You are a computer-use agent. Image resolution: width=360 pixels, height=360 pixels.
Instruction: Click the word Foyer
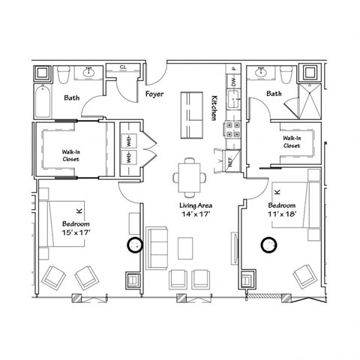(155, 95)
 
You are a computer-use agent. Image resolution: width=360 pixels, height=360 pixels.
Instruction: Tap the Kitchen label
(213, 109)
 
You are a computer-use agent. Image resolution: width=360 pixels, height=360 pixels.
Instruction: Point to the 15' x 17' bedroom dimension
(76, 233)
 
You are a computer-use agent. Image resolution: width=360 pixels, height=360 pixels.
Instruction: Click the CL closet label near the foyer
(123, 67)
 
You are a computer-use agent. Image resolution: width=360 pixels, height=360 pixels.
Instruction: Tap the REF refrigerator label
(229, 160)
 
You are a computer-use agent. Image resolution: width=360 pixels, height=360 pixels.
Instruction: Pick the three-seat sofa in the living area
(157, 247)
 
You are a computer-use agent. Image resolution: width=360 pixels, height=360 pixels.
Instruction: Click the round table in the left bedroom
(136, 245)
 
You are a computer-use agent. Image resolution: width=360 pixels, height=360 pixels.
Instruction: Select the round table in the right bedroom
(268, 244)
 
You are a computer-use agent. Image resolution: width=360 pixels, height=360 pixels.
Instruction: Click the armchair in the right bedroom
(305, 277)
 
